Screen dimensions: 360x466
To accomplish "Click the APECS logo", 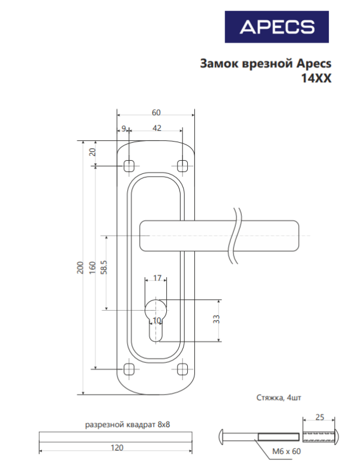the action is (x=277, y=27).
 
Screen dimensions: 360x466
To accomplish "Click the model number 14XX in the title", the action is (x=316, y=79).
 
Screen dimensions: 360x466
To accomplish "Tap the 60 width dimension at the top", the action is (x=156, y=113).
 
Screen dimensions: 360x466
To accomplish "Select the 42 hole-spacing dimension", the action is (x=157, y=128).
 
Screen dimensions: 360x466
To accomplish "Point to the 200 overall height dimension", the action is (x=80, y=267).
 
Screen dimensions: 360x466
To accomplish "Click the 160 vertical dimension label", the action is (x=92, y=267).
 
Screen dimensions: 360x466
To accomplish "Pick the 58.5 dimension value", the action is (x=104, y=267).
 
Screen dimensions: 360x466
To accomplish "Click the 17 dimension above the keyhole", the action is (x=157, y=278).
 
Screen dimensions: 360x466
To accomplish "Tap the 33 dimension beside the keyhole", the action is (x=217, y=319).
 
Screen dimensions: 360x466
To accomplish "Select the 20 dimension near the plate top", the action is (x=93, y=152).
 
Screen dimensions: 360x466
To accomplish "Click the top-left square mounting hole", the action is (x=129, y=166).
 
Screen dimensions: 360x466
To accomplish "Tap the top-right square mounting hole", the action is (x=182, y=166).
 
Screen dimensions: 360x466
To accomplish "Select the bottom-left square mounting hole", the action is (x=129, y=369).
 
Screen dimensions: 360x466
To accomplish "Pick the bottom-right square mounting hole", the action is (x=182, y=369).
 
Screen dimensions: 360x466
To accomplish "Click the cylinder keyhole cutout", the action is (x=155, y=320).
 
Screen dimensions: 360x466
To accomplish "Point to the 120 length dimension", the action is (x=117, y=447).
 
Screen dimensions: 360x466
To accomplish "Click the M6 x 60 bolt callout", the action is (x=287, y=452).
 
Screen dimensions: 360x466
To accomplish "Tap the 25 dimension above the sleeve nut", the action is (x=320, y=417).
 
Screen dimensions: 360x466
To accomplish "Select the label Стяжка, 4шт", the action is (x=279, y=398).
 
